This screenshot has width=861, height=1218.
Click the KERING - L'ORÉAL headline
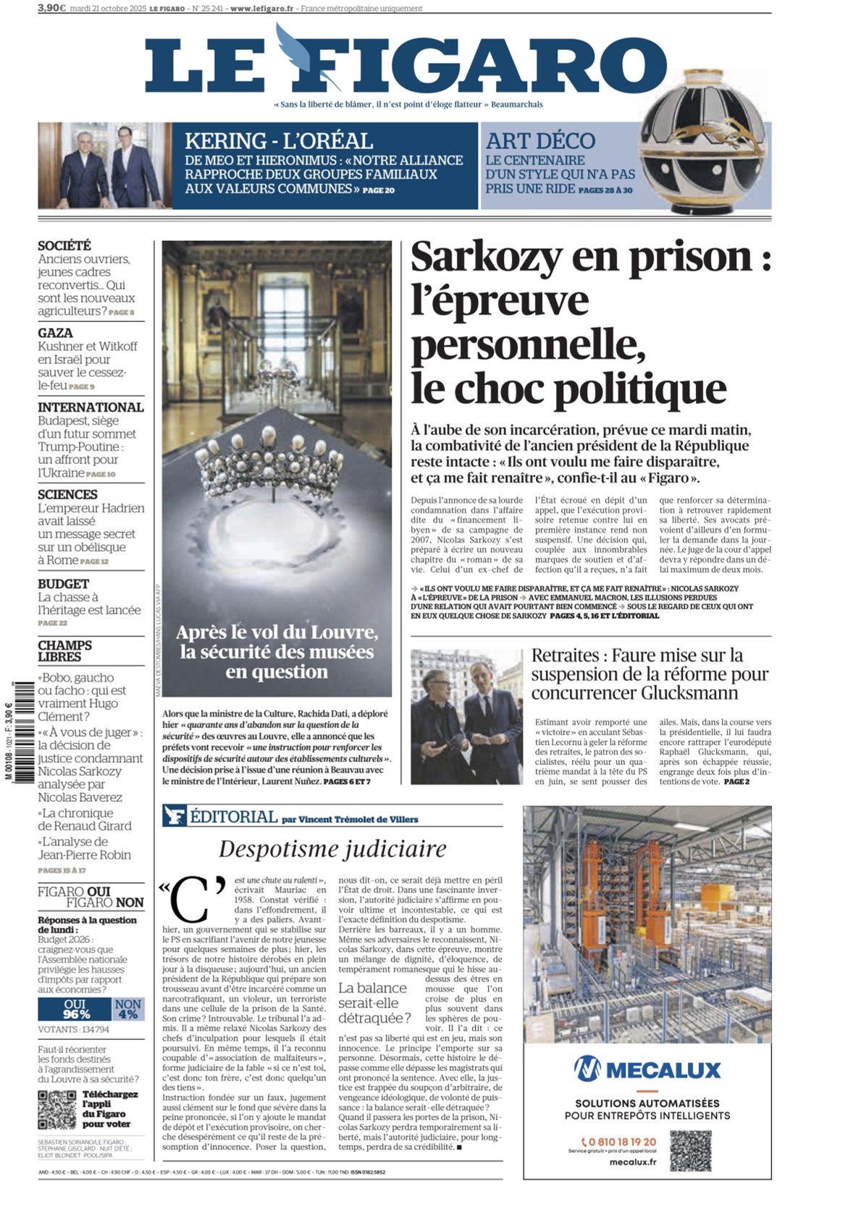279,141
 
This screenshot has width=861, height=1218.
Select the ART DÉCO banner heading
540,141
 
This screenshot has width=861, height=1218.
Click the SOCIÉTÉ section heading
64,246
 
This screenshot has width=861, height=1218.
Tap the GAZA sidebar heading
56,333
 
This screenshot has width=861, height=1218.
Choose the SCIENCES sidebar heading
67,495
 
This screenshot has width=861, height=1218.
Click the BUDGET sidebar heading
64,584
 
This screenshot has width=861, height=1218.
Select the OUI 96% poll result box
75,1009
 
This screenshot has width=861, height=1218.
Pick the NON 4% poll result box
128,1009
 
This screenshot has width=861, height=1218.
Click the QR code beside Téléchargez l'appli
56,1109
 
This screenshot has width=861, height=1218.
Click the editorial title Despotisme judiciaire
332,849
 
